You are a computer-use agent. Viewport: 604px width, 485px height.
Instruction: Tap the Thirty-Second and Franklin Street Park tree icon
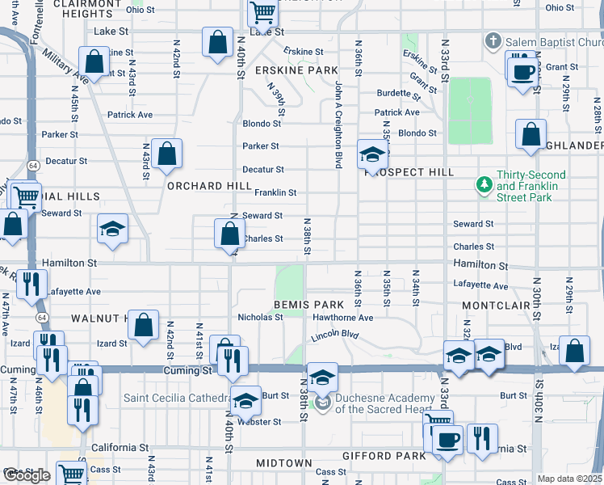(484, 186)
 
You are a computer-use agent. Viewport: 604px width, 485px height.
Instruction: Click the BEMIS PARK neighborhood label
(308, 305)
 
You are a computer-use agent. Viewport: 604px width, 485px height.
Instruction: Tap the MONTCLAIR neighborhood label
(494, 306)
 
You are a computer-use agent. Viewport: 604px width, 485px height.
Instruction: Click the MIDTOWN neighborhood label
(284, 462)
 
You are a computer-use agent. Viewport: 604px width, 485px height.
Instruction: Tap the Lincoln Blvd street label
(334, 334)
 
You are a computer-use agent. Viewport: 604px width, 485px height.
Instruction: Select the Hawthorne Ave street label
(343, 318)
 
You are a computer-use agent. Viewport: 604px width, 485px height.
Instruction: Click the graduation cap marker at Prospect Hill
(372, 154)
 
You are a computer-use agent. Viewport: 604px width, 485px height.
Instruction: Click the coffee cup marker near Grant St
(522, 71)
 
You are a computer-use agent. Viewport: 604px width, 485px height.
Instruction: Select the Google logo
(27, 475)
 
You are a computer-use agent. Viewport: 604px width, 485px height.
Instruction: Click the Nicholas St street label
(260, 317)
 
